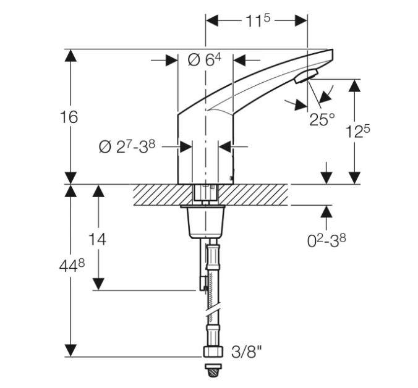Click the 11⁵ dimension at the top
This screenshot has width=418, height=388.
[257, 21]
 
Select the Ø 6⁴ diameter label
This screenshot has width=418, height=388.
[205, 60]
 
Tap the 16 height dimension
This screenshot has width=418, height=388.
[69, 117]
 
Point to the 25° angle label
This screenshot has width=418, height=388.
[322, 119]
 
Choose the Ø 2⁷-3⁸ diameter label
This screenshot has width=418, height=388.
[127, 146]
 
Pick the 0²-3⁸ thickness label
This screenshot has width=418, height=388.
[326, 241]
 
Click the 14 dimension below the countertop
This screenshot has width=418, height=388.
[97, 239]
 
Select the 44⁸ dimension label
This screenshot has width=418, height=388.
[72, 266]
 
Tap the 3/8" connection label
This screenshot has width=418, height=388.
[247, 352]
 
